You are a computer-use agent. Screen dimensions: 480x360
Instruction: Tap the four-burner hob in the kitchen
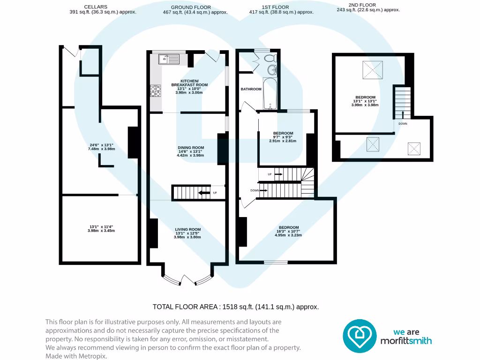(x=156, y=91)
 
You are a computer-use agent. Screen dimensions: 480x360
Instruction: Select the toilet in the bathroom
(x=270, y=58)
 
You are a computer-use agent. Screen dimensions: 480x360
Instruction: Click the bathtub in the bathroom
(x=270, y=93)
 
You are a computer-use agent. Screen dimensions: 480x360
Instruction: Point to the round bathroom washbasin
(x=272, y=70)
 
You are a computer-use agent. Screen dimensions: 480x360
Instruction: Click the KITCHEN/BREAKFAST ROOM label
(x=189, y=83)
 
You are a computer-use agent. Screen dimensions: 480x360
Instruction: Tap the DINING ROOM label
(x=191, y=148)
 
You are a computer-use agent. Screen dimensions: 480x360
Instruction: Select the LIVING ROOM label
(x=188, y=229)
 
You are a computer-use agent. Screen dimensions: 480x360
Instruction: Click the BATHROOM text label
(x=251, y=89)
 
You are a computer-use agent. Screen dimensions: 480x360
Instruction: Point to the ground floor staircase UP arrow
(x=202, y=193)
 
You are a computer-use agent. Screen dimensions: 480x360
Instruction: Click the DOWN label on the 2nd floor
(x=403, y=124)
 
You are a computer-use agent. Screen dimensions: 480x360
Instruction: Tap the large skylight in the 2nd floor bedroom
(x=373, y=70)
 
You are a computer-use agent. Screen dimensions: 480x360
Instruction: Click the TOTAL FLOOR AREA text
(x=236, y=307)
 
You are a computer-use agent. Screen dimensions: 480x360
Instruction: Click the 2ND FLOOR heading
(x=362, y=5)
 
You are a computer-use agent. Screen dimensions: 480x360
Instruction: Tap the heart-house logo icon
(x=360, y=336)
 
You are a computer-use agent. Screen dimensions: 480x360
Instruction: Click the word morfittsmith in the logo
(x=406, y=341)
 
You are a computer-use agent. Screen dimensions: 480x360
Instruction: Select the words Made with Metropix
(x=76, y=356)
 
